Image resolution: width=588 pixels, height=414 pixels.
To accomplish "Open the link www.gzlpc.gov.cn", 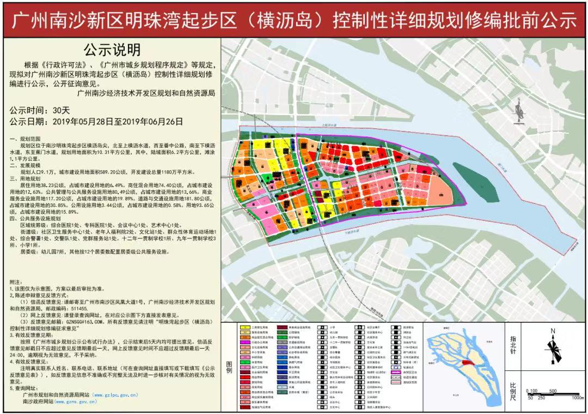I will (x=115, y=394).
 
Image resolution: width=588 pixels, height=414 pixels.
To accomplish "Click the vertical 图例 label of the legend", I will (x=229, y=367).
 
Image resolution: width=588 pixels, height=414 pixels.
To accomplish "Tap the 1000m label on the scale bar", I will (x=575, y=398).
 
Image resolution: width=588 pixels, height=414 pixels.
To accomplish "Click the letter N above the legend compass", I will (x=553, y=331).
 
